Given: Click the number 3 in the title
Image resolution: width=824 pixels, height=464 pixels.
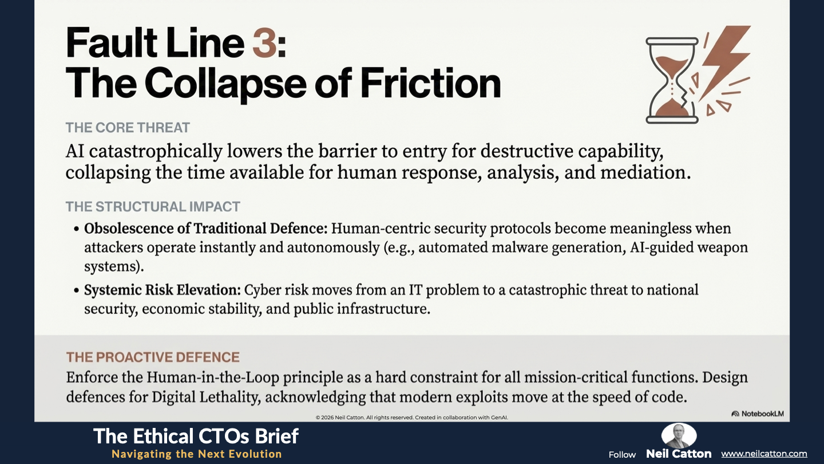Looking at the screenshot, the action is tap(264, 44).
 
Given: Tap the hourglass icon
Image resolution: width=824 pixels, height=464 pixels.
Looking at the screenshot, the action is tap(672, 80).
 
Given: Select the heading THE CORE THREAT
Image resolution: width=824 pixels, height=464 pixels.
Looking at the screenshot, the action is tap(128, 128).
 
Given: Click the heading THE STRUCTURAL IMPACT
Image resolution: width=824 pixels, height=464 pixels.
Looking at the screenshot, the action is tap(153, 207).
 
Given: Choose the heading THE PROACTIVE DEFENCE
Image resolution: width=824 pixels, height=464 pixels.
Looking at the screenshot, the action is tap(153, 357).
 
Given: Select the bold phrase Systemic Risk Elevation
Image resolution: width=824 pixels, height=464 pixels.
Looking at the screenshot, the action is tap(163, 290).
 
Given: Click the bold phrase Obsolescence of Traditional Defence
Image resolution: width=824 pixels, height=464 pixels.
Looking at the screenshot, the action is tap(205, 229).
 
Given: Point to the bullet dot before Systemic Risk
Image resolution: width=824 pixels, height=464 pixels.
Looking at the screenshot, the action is tap(76, 290).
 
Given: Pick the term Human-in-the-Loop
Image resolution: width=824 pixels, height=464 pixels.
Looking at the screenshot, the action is tap(213, 378).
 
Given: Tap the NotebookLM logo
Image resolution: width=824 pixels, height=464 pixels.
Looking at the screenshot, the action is tap(758, 414).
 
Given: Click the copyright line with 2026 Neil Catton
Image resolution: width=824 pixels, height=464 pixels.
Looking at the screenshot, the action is tap(412, 418).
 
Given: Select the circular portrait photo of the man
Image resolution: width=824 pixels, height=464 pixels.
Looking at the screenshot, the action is tap(679, 435).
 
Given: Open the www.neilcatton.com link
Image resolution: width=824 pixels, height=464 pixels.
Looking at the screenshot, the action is tap(764, 454).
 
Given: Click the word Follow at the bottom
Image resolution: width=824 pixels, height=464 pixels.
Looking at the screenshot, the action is tap(622, 455).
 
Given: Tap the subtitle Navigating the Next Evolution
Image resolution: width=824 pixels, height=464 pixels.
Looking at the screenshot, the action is tap(197, 454).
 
